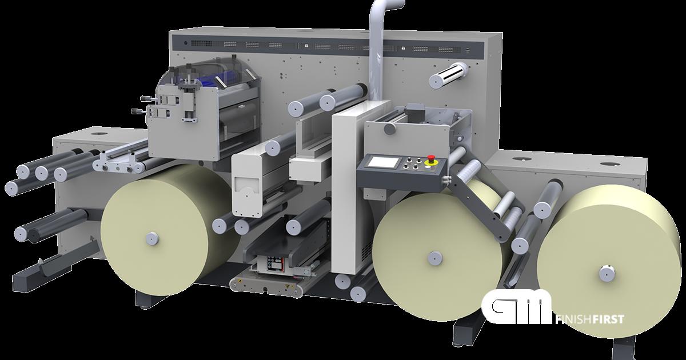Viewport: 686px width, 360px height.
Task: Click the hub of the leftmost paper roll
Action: pos(151,237)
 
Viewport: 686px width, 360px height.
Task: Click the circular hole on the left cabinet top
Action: pos(101,135)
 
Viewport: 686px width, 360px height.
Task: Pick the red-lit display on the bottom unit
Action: pos(273,264)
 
